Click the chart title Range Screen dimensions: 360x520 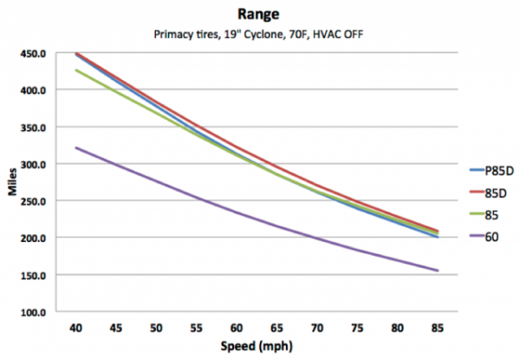(261, 15)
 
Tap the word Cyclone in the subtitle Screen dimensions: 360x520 (264, 36)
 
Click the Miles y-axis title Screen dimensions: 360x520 (15, 181)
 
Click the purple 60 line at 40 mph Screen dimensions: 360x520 (76, 147)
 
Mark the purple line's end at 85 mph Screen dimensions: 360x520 (437, 271)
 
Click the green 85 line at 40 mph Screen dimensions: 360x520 (76, 70)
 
